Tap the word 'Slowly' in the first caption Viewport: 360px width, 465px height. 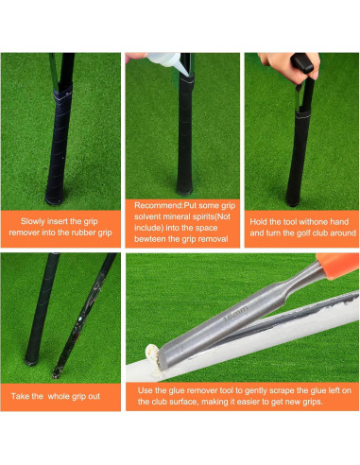click(34, 221)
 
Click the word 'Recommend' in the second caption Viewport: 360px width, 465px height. click(155, 203)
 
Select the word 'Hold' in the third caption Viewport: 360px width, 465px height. click(262, 221)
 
